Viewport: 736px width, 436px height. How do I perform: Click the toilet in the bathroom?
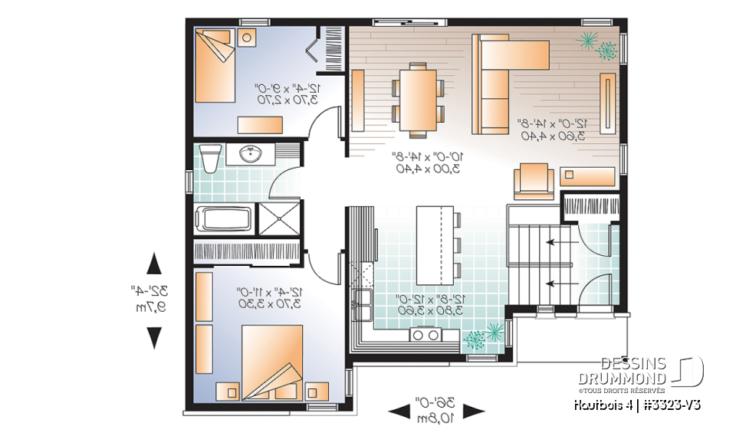209,158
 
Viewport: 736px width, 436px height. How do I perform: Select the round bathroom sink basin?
251,155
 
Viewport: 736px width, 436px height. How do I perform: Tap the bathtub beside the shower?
224,217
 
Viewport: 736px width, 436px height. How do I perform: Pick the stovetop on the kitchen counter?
424,333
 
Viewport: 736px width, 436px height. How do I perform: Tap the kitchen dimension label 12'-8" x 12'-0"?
424,304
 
